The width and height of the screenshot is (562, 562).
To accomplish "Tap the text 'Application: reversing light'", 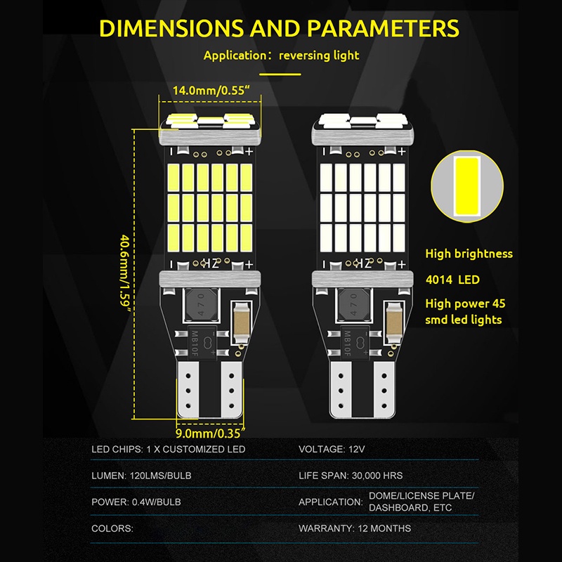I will (281, 55).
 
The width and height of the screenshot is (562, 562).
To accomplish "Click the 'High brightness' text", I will (469, 254).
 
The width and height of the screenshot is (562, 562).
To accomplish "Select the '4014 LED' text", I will (453, 280).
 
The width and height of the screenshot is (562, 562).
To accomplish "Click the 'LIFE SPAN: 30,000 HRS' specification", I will (351, 476).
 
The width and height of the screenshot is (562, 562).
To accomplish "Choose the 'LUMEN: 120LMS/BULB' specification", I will (141, 476).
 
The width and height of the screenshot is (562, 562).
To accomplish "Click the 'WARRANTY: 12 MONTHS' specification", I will (355, 528).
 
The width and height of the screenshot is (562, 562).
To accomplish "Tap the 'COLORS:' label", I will (112, 528).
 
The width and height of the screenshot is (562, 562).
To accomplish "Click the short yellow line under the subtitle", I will (280, 73).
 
